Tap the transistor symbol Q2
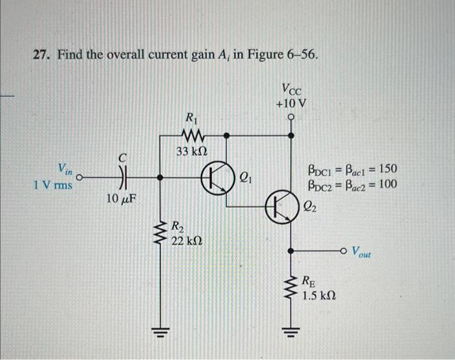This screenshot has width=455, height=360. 281,207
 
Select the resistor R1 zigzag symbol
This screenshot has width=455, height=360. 192,136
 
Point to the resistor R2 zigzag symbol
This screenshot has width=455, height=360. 159,233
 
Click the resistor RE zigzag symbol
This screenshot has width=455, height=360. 291,287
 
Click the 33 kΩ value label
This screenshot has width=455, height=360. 192,152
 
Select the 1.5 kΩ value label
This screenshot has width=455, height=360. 318,295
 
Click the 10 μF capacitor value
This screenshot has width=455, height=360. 121,198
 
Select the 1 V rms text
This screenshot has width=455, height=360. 53,185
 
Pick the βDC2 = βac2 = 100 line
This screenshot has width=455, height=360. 351,184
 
